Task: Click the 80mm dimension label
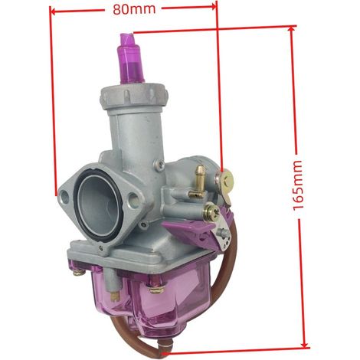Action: click(x=134, y=9)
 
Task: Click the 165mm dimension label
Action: click(x=298, y=185)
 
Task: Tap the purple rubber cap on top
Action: click(x=132, y=59)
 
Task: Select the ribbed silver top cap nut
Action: click(x=134, y=97)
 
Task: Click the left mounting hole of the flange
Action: click(x=64, y=197)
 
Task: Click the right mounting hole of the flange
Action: click(x=133, y=199)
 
